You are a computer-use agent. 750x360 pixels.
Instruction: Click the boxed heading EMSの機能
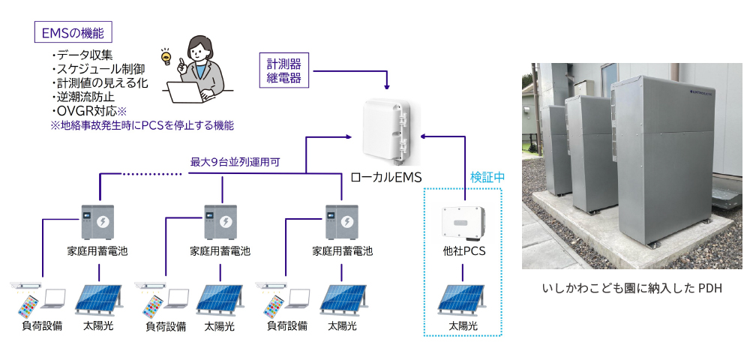[x=73, y=33]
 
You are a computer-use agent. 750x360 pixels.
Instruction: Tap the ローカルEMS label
[x=386, y=178]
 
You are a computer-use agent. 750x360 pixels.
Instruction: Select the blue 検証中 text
[x=487, y=178]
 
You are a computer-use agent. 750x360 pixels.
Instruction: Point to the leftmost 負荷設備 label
[x=42, y=326]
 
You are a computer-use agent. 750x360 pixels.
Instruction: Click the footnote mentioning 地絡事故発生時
[x=142, y=125]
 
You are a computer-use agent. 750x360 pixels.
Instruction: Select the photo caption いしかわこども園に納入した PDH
[x=631, y=289]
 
